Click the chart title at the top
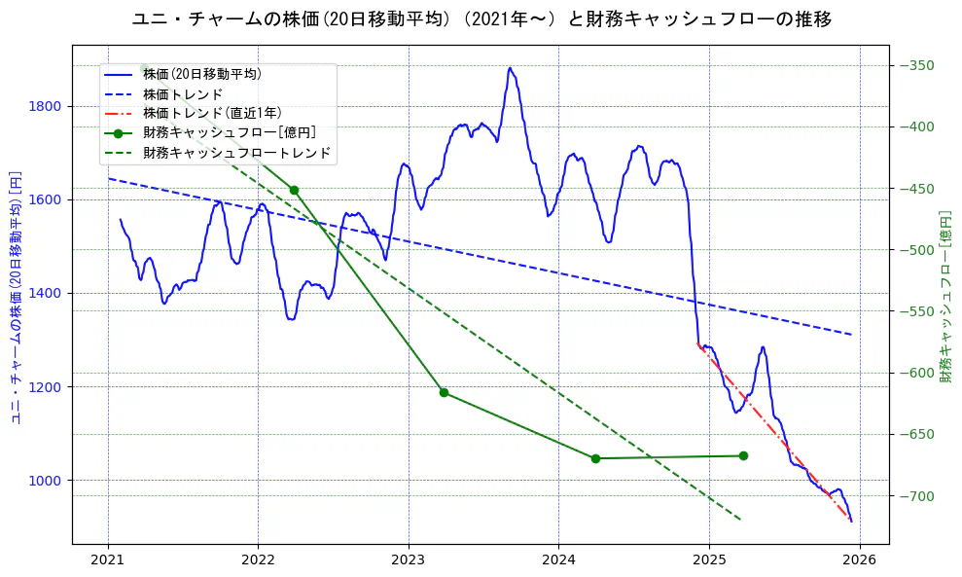tap(481, 18)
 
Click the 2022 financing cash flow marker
tap(294, 190)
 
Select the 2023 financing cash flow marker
tap(444, 392)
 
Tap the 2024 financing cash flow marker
tap(595, 458)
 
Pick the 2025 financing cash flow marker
tap(743, 455)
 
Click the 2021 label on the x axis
tap(108, 560)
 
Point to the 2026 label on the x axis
tap(859, 560)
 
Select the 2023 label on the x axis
tap(409, 560)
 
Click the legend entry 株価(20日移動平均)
tap(201, 74)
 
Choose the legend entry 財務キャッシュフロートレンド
tap(236, 153)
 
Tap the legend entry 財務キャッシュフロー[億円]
tap(229, 133)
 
